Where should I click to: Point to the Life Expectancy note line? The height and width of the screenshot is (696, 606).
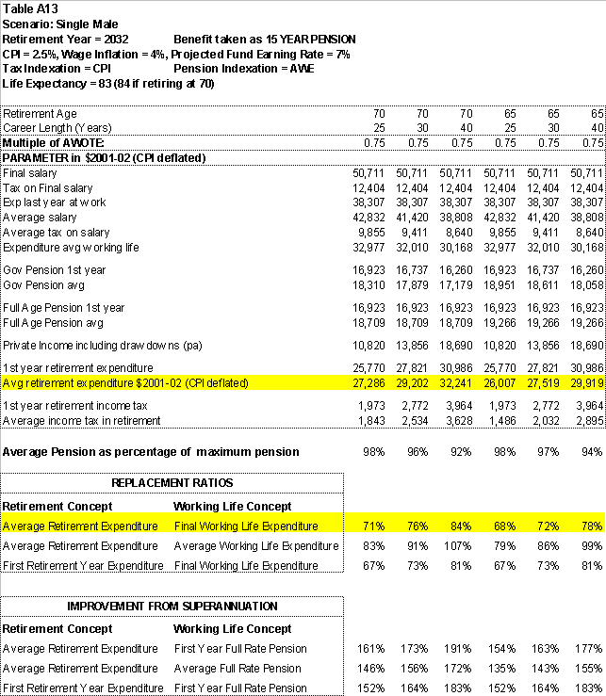(x=108, y=84)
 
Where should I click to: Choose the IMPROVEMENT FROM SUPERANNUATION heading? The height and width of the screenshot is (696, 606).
(x=172, y=606)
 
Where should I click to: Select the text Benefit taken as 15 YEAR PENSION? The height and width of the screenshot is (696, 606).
(x=264, y=39)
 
